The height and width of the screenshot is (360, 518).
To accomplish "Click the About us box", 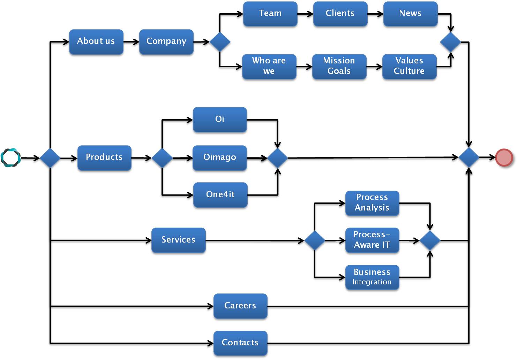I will click(96, 41).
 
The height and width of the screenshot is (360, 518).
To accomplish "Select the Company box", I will click(166, 41).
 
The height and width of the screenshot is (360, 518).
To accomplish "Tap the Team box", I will click(270, 14).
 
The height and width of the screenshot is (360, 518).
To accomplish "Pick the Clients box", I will click(340, 14).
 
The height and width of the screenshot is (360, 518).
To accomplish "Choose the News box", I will click(410, 14).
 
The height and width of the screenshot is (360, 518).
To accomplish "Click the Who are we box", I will click(269, 66).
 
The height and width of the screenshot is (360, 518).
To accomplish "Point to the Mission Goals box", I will click(339, 66).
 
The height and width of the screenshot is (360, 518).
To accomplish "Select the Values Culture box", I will click(409, 66).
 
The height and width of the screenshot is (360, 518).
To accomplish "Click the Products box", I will click(104, 158).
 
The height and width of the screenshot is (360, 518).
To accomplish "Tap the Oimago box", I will click(219, 158).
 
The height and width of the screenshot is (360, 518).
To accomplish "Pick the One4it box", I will click(220, 194).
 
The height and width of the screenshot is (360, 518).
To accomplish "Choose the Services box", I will click(178, 240).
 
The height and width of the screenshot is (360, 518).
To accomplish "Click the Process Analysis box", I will click(372, 203).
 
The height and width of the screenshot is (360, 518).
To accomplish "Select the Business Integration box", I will click(372, 277).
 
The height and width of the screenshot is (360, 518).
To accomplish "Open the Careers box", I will click(240, 306).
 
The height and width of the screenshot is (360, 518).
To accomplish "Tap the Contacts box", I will click(240, 343).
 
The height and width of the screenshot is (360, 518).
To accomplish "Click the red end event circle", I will click(504, 158).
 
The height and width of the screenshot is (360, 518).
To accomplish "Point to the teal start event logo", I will click(10, 158).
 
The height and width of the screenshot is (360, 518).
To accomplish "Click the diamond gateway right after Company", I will click(220, 42).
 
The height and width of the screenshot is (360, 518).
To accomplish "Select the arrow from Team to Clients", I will click(305, 14).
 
